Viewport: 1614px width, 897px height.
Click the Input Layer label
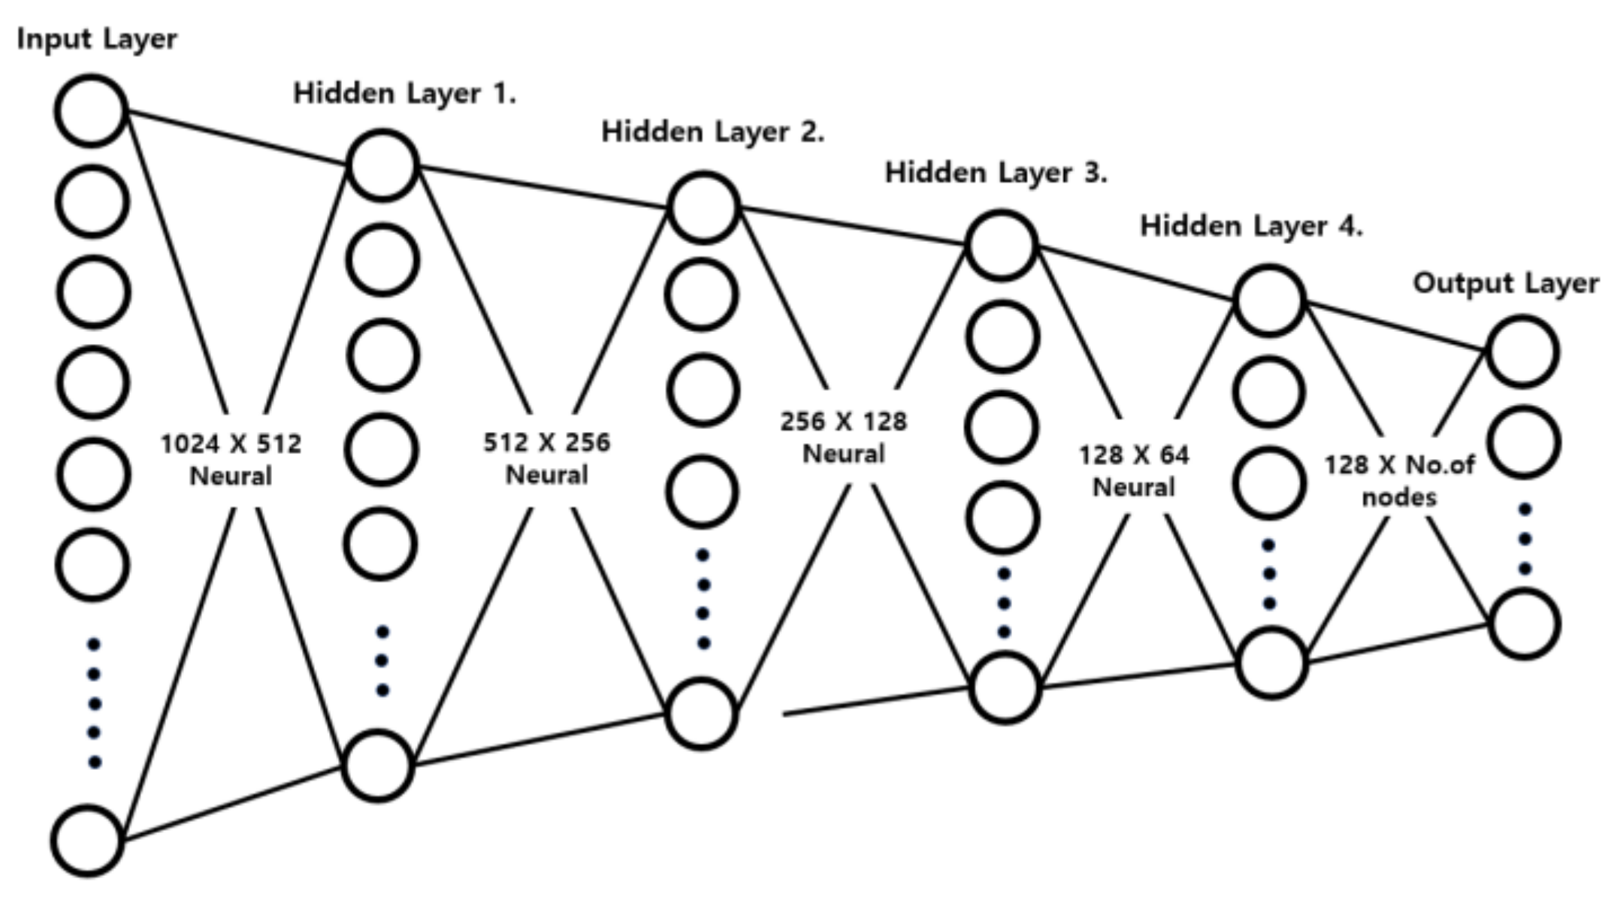[x=97, y=39]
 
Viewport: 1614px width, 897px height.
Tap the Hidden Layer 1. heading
[x=404, y=94]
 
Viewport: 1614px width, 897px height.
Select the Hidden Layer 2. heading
[x=712, y=132]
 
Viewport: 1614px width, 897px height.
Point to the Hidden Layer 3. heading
[x=996, y=173]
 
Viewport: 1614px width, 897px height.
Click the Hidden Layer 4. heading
[x=1251, y=226]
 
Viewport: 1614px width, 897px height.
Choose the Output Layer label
[x=1506, y=283]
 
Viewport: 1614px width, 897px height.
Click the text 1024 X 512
[x=231, y=444]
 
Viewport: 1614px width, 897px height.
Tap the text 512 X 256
[x=546, y=442]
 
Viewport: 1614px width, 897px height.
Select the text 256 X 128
[x=843, y=421]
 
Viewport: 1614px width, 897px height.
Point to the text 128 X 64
[x=1133, y=455]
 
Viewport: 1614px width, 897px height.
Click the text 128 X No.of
[x=1398, y=465]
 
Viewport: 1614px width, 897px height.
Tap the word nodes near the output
[x=1398, y=497]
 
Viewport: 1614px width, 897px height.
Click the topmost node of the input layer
[x=91, y=110]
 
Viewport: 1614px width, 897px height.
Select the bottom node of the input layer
[x=87, y=841]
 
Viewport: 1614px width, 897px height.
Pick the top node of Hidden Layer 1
[x=382, y=165]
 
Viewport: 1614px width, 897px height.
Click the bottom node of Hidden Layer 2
[x=702, y=714]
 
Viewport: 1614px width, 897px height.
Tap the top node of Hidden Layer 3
[x=1002, y=246]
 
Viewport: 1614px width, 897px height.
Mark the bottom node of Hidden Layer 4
[x=1271, y=663]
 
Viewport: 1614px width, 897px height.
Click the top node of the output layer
[x=1523, y=352]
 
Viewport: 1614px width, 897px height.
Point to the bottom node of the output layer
[x=1525, y=624]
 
